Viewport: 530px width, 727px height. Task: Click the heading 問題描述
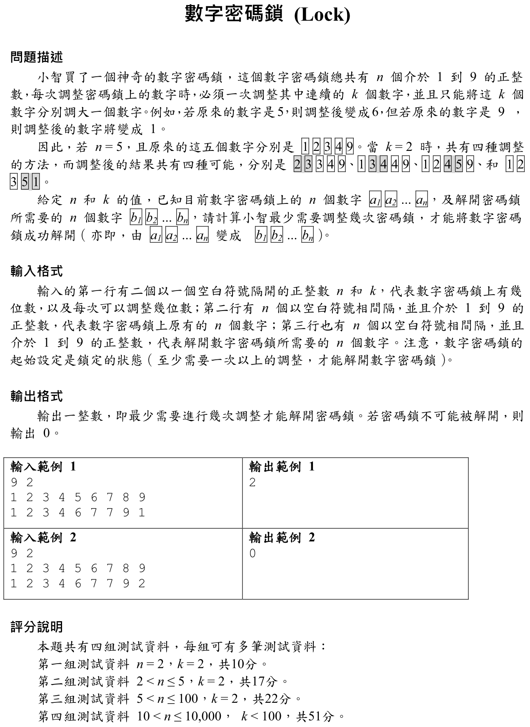tap(37, 57)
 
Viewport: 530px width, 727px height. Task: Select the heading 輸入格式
tap(37, 271)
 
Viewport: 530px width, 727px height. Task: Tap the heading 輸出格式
tap(37, 396)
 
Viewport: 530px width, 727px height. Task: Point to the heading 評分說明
tap(37, 627)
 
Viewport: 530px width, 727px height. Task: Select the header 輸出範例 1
tap(282, 466)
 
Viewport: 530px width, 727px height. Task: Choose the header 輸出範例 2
tap(282, 537)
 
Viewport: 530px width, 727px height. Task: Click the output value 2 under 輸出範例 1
tap(252, 482)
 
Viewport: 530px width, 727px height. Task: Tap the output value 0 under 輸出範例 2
tap(252, 553)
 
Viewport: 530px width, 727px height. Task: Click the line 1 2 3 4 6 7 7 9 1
tap(78, 512)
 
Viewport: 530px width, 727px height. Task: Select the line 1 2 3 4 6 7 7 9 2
tap(78, 583)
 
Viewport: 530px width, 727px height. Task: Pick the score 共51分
tap(315, 716)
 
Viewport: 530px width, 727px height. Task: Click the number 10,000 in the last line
tap(203, 716)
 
